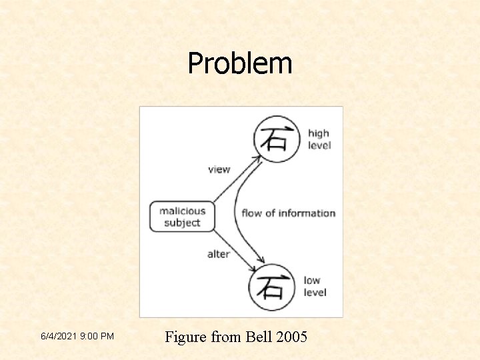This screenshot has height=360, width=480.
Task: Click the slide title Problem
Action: tap(239, 64)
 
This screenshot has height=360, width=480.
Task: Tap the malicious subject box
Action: tap(182, 217)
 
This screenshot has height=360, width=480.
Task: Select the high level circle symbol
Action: tap(277, 139)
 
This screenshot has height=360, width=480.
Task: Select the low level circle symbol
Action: tap(271, 287)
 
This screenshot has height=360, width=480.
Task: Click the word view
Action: tap(219, 169)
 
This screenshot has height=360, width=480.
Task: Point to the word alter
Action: tap(218, 254)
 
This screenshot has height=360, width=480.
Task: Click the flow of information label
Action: tap(288, 213)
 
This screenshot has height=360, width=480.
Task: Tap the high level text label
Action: tap(319, 139)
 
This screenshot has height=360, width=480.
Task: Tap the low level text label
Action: tap(315, 286)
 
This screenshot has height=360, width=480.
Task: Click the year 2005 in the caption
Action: tap(291, 337)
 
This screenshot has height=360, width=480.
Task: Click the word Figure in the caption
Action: tap(185, 337)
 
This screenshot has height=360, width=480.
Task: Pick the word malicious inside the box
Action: tap(182, 211)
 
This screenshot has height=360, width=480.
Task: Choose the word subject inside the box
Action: tap(182, 223)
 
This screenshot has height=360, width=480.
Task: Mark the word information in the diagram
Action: tap(306, 213)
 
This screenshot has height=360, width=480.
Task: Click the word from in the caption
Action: tap(226, 337)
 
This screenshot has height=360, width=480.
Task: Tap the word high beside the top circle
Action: tap(319, 134)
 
